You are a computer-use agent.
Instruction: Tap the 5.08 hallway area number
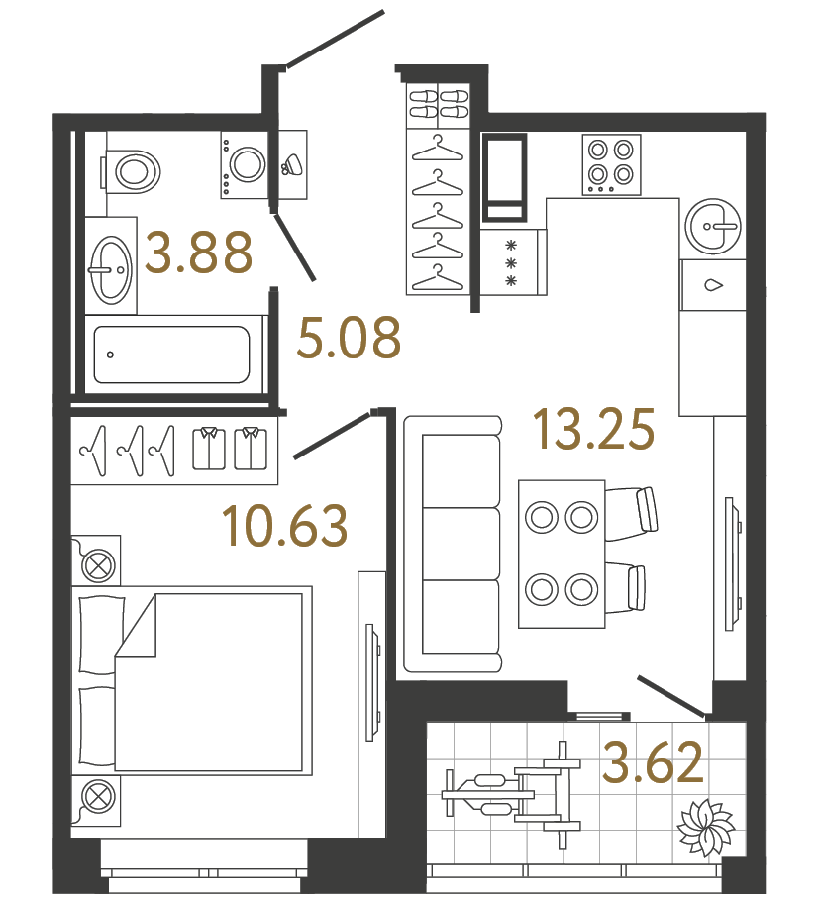pyautogui.click(x=349, y=339)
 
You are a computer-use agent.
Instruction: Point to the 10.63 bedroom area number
pyautogui.click(x=285, y=525)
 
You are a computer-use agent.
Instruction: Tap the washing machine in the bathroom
pyautogui.click(x=245, y=161)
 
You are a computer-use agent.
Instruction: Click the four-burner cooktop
pyautogui.click(x=610, y=163)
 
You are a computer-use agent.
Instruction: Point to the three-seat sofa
pyautogui.click(x=452, y=545)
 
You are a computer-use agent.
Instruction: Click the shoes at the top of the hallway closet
pyautogui.click(x=438, y=105)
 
